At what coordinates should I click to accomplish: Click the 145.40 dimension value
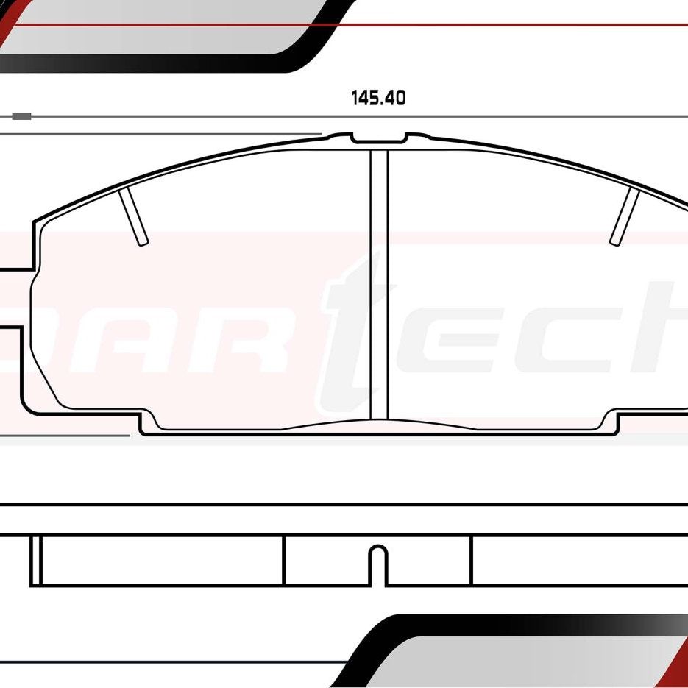(x=378, y=98)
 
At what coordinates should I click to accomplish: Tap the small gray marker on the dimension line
(x=22, y=117)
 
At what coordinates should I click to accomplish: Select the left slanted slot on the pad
(x=134, y=216)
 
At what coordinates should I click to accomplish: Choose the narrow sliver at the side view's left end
(x=35, y=561)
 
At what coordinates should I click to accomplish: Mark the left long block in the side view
(x=162, y=561)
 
